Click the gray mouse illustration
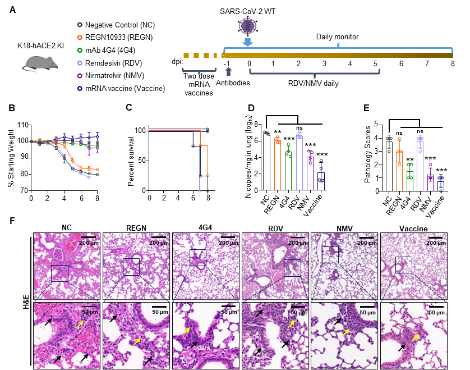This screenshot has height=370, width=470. pyautogui.click(x=42, y=62)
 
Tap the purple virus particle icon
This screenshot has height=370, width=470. pyautogui.click(x=247, y=26)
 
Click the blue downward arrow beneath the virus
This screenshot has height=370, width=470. pyautogui.click(x=247, y=42)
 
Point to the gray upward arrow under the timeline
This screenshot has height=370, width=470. pyautogui.click(x=228, y=71)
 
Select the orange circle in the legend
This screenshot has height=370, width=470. pyautogui.click(x=80, y=37)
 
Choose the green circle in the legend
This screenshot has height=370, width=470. pyautogui.click(x=80, y=50)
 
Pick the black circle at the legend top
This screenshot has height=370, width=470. pyautogui.click(x=80, y=25)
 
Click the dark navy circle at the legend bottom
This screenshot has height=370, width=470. pyautogui.click(x=80, y=88)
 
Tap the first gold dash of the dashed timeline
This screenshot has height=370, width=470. pyautogui.click(x=186, y=55)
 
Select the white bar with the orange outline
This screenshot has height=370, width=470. pyautogui.click(x=277, y=165)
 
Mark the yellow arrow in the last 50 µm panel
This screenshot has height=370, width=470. pyautogui.click(x=416, y=337)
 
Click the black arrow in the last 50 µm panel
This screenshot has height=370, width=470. pyautogui.click(x=402, y=348)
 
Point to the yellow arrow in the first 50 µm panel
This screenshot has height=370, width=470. pyautogui.click(x=80, y=323)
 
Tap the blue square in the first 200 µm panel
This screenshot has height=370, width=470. pyautogui.click(x=59, y=273)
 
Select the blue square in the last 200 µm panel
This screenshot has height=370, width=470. pyautogui.click(x=404, y=265)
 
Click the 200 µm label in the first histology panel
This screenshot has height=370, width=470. pyautogui.click(x=89, y=243)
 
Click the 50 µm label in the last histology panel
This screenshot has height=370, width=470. pyautogui.click(x=436, y=312)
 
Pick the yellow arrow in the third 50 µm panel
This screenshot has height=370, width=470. pyautogui.click(x=186, y=330)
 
